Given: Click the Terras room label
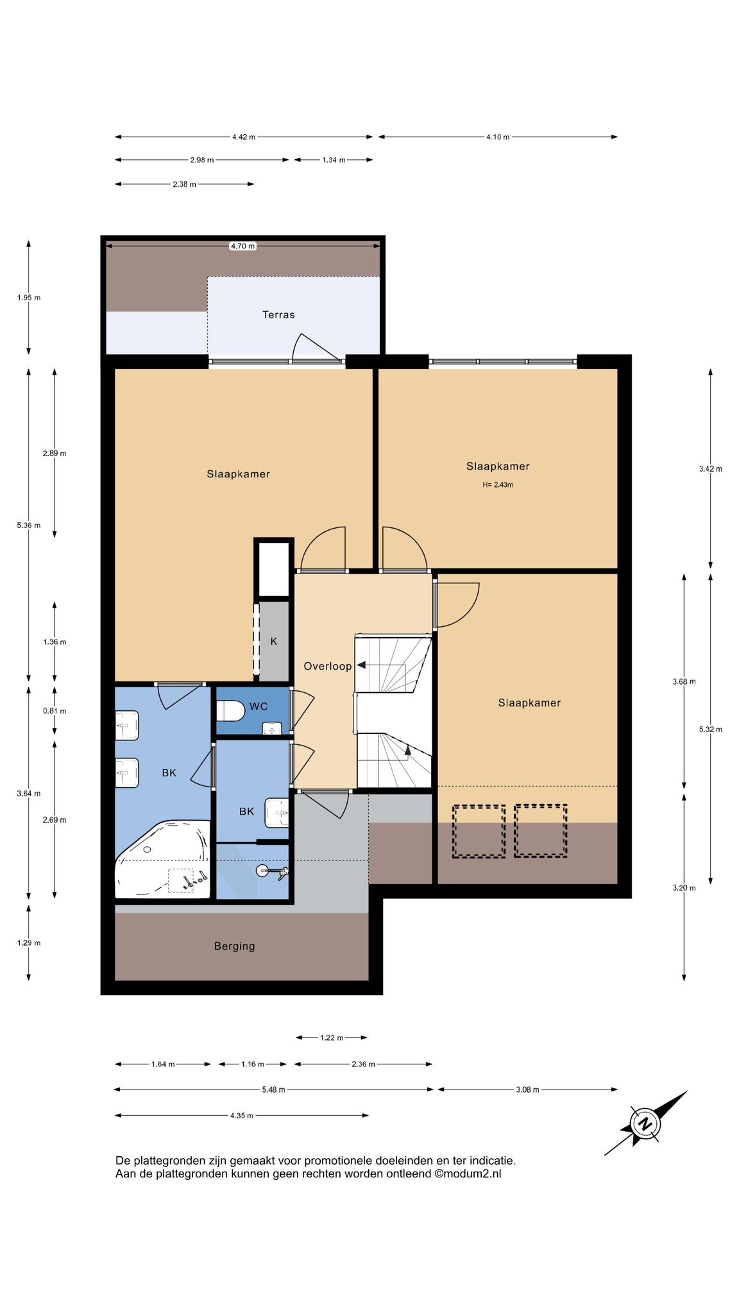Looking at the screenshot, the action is tap(278, 315).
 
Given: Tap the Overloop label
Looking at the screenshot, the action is tap(328, 667).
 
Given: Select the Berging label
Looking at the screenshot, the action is tap(234, 946).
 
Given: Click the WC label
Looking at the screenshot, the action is tap(259, 706).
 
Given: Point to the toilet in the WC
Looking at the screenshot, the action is tap(230, 711).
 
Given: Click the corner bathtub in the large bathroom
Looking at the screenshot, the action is tap(163, 859).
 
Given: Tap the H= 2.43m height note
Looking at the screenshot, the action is tap(498, 485).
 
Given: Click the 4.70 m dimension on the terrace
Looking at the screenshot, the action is tap(243, 246).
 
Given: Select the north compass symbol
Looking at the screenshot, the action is tap(645, 1123).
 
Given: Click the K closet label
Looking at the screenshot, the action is tap(273, 642).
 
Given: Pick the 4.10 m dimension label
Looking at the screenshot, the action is tap(498, 137).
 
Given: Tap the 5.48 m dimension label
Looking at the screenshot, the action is tap(273, 1089).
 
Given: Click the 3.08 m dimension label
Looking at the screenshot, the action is tap(527, 1089).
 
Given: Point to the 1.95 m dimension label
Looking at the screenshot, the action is tap(29, 298).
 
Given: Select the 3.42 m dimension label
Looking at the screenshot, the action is tap(711, 469).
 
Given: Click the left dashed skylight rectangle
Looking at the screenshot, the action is tap(479, 831).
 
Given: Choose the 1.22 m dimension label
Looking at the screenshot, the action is tap(332, 1037).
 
